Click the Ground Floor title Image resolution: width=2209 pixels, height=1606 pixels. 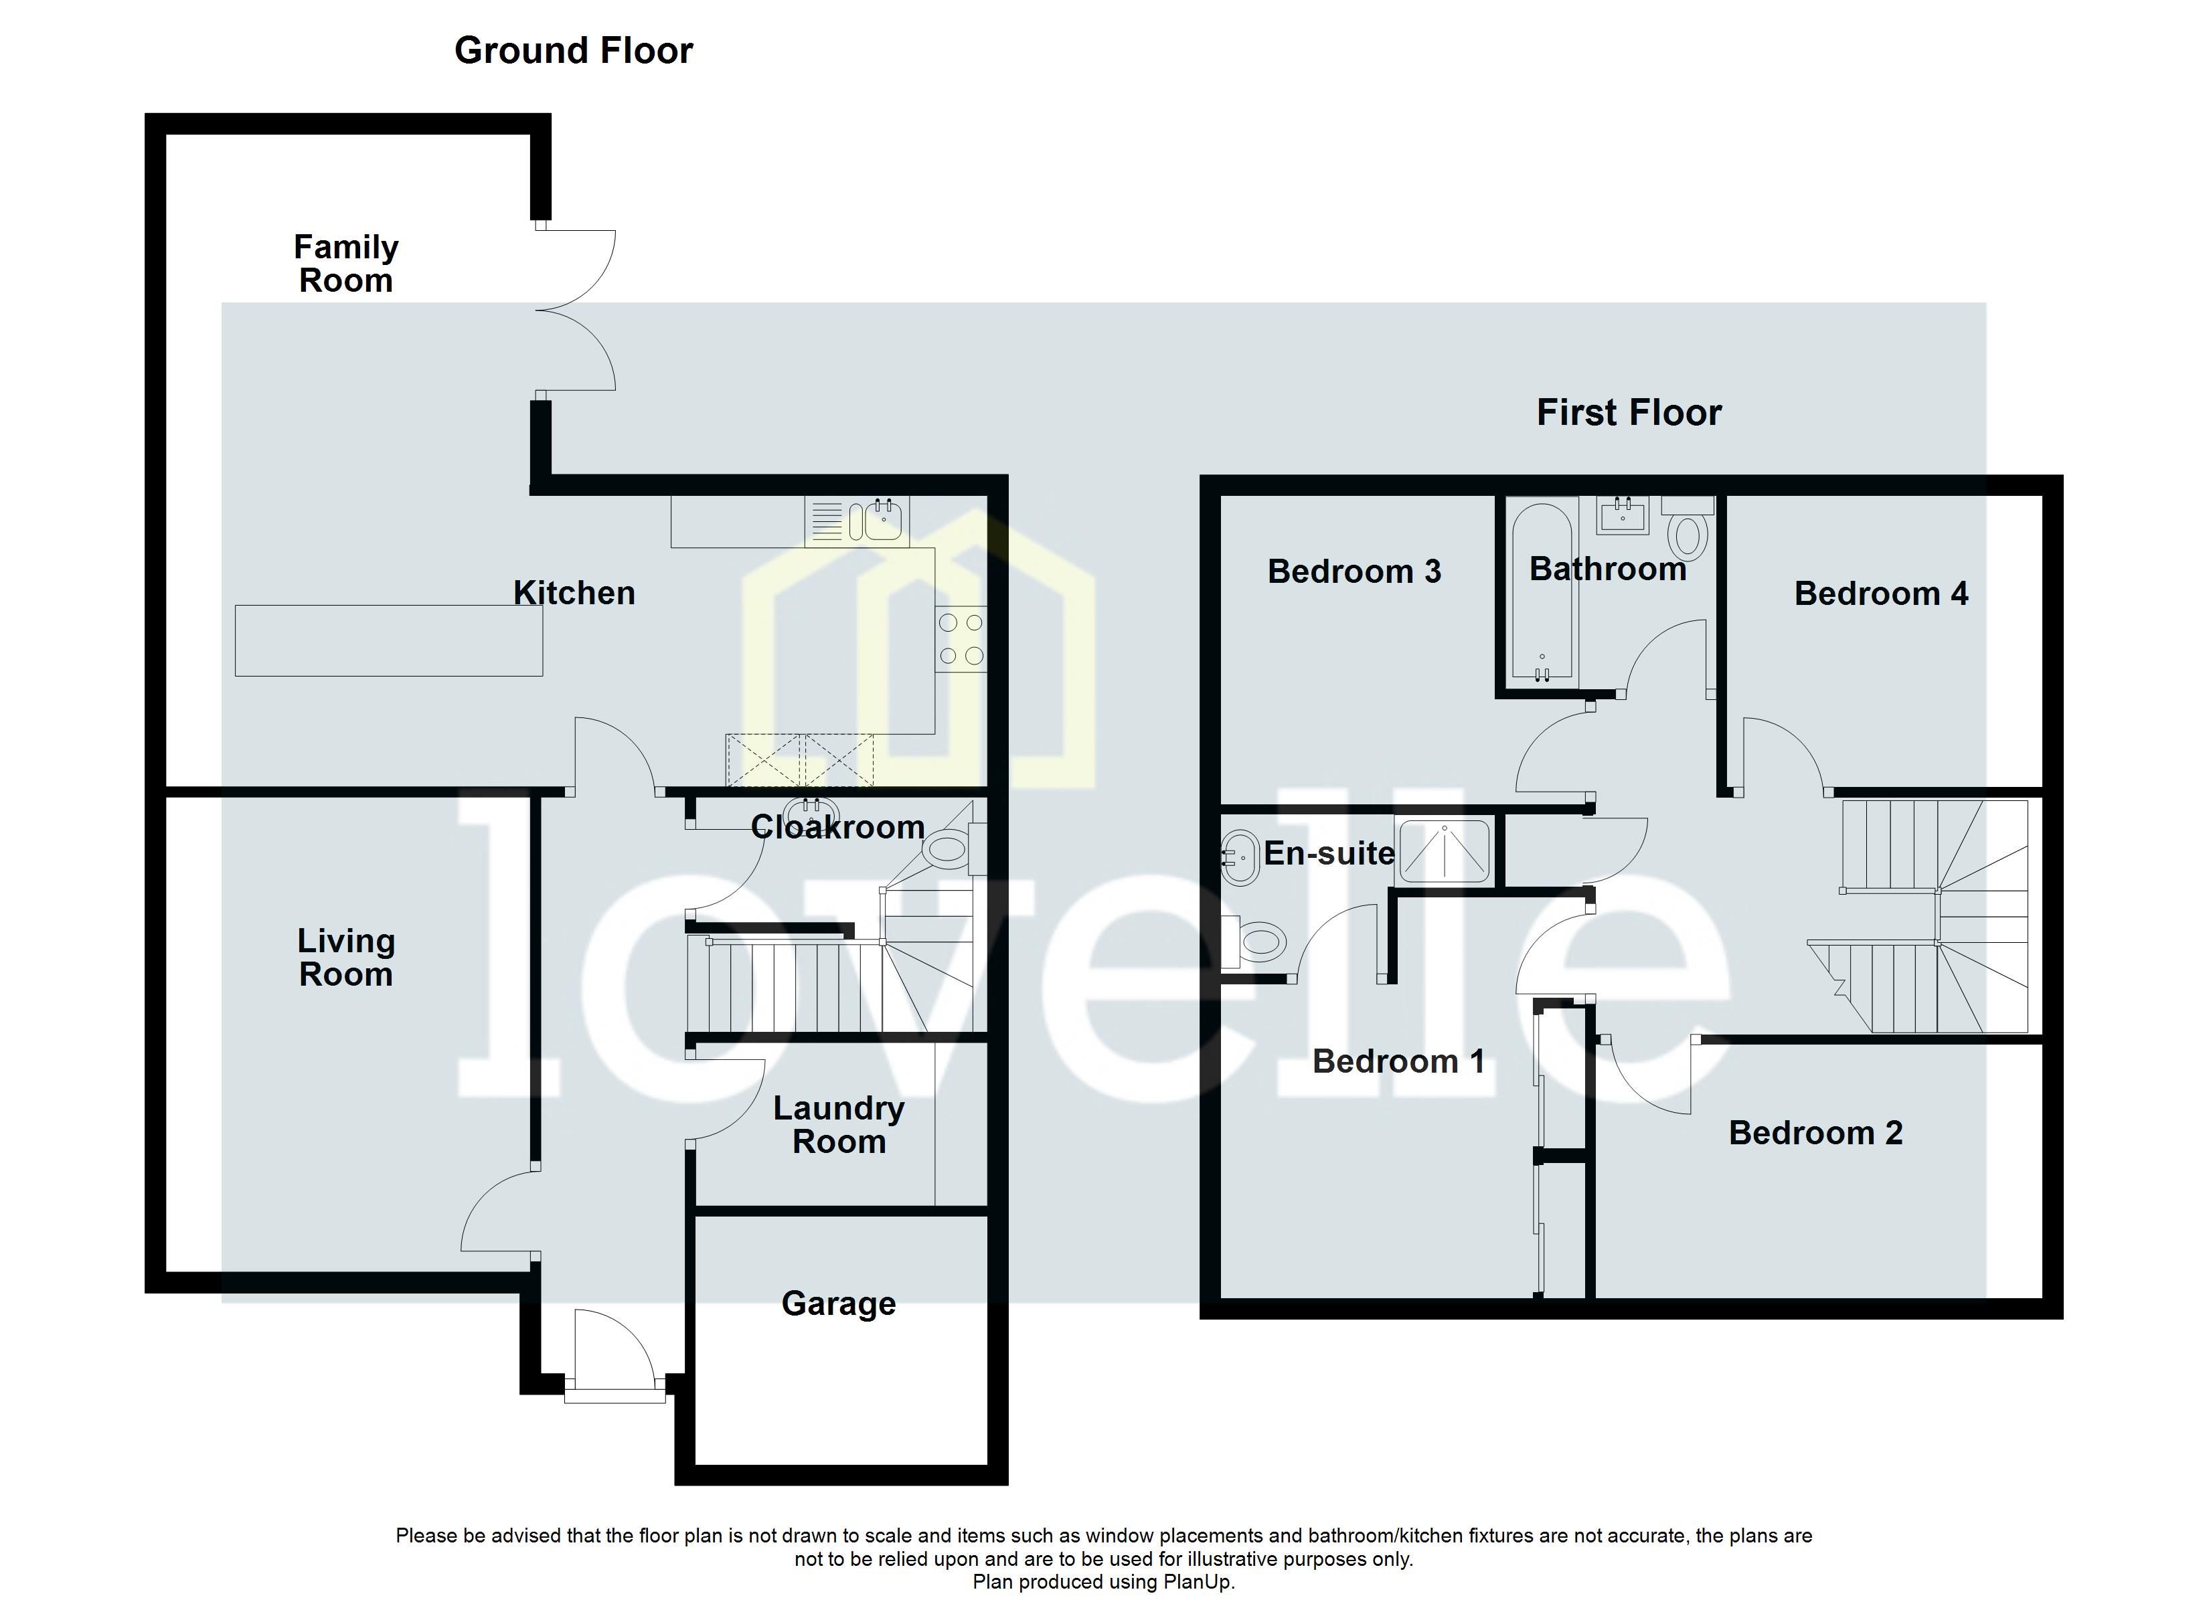pyautogui.click(x=573, y=51)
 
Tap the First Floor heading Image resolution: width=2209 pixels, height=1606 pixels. pyautogui.click(x=1629, y=413)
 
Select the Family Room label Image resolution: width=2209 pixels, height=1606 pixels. pyautogui.click(x=346, y=264)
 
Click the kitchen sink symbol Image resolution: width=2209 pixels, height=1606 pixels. pyautogui.click(x=877, y=521)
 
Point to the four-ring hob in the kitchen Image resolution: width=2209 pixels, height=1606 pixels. pyautogui.click(x=961, y=639)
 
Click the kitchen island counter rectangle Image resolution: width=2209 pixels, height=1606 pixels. pyautogui.click(x=389, y=641)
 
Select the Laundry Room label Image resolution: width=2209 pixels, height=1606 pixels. pyautogui.click(x=839, y=1125)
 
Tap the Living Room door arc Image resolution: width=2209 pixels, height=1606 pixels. pyautogui.click(x=497, y=1213)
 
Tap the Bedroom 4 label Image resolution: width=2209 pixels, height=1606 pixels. pyautogui.click(x=1881, y=594)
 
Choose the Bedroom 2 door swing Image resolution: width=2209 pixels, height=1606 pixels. pyautogui.click(x=1646, y=1076)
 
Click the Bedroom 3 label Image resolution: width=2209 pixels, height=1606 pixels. pyautogui.click(x=1354, y=571)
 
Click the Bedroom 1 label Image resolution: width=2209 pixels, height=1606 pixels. pyautogui.click(x=1398, y=1061)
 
